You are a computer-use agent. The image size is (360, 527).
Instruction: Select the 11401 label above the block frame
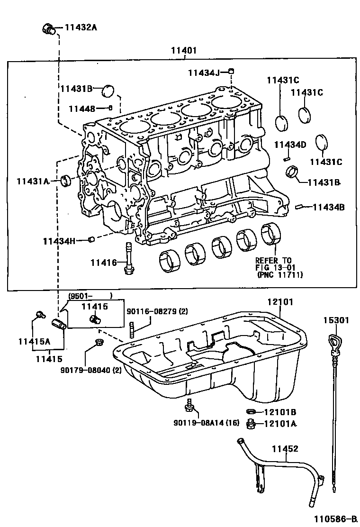click(x=184, y=50)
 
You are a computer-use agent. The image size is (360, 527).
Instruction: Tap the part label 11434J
click(x=204, y=72)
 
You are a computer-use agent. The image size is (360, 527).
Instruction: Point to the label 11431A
click(x=33, y=181)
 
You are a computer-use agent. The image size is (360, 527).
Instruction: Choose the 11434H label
click(x=59, y=241)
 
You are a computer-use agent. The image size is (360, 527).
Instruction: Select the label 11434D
click(x=290, y=144)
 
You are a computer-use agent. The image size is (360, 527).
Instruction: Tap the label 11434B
click(x=328, y=207)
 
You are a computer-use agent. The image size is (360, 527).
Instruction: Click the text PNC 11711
click(x=280, y=274)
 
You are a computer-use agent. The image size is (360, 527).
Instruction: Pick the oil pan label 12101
click(x=279, y=301)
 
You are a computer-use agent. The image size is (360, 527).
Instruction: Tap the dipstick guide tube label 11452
click(x=285, y=448)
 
